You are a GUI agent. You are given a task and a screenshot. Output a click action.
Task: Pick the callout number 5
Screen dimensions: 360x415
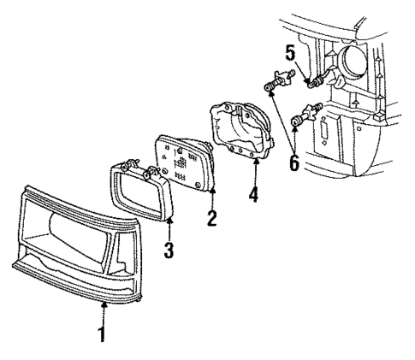click(290, 53)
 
